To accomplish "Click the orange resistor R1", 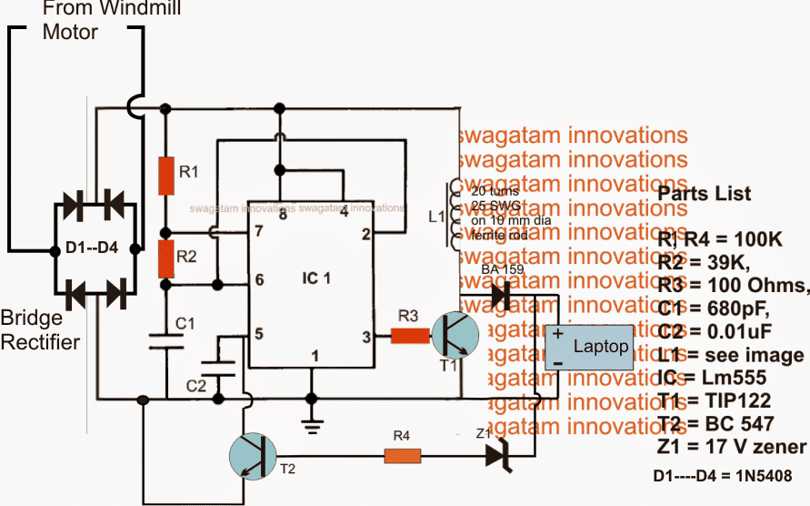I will click(x=165, y=175).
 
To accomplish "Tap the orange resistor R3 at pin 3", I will click(x=409, y=336).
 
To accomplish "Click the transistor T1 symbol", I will click(x=453, y=336).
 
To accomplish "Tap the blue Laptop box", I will click(x=587, y=348).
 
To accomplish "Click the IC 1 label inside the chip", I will click(x=311, y=278).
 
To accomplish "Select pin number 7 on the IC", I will click(x=259, y=232).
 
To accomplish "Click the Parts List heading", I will click(x=704, y=194).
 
